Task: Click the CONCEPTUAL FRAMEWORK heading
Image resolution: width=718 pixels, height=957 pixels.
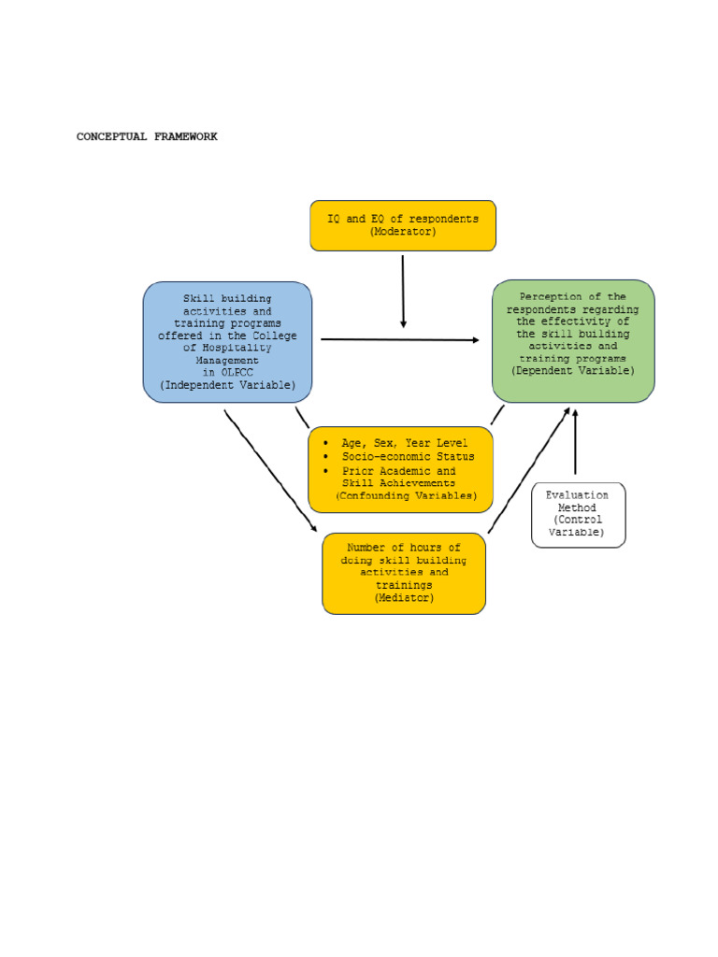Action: [x=147, y=136]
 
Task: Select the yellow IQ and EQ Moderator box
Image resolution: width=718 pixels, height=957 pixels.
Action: [x=403, y=225]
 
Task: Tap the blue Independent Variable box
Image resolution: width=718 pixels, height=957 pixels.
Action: [x=227, y=342]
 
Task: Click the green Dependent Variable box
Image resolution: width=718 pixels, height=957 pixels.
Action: [x=573, y=341]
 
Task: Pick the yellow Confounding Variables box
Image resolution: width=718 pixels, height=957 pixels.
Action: [x=401, y=470]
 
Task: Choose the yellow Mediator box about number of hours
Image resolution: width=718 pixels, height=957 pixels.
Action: [x=404, y=573]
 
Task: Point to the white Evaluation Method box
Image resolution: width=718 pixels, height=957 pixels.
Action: [x=578, y=514]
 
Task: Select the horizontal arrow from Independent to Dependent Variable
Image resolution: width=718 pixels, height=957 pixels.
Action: [x=399, y=340]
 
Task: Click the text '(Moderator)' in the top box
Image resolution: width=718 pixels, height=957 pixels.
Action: [x=403, y=232]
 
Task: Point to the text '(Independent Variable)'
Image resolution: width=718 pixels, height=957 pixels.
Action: [x=227, y=385]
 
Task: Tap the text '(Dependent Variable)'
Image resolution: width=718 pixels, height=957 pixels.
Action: [x=573, y=371]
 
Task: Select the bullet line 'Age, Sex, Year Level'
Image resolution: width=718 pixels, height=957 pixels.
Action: [x=405, y=443]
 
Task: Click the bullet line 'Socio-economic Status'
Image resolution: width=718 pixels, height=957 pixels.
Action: [x=408, y=457]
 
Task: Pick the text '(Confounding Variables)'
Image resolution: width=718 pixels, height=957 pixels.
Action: [x=406, y=496]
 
